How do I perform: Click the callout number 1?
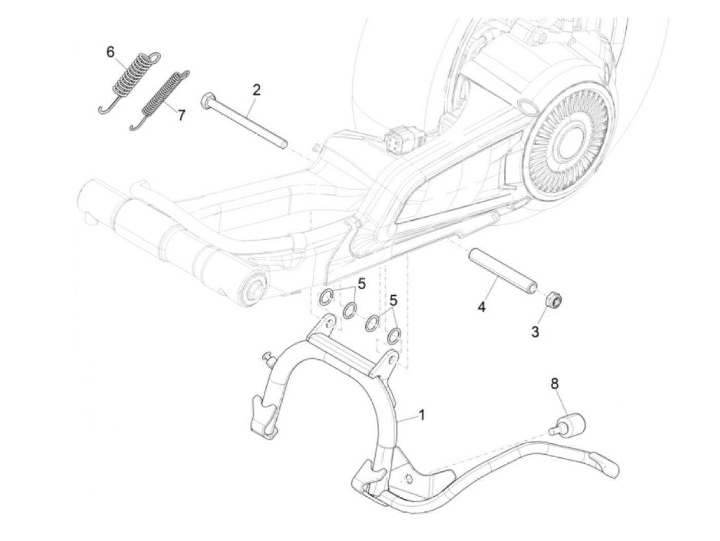(422, 414)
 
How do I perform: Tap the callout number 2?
(256, 91)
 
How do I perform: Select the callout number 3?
(535, 332)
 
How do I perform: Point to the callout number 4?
(481, 307)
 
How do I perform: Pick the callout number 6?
(111, 52)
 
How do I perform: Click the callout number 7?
(181, 115)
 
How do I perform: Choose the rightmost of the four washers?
(393, 335)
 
